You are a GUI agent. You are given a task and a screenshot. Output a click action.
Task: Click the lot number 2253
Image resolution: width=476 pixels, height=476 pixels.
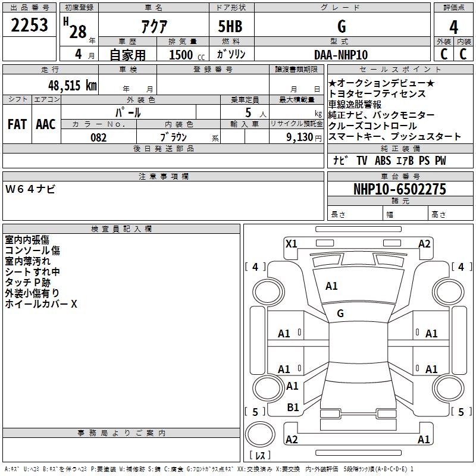(x=29, y=25)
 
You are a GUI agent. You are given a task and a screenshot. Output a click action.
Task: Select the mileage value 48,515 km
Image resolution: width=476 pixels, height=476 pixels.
(x=73, y=85)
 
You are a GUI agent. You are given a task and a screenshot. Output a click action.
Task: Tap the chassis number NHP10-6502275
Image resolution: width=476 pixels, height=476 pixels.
(x=400, y=189)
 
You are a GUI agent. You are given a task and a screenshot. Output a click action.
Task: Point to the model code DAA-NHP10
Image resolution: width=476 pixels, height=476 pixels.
(x=341, y=55)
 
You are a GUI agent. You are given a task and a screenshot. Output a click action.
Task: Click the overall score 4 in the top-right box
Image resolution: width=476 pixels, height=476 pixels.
(x=453, y=27)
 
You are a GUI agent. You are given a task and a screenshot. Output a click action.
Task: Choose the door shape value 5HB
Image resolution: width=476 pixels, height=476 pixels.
(x=230, y=26)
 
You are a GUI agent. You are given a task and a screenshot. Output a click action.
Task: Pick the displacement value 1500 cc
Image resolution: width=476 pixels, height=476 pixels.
(x=187, y=55)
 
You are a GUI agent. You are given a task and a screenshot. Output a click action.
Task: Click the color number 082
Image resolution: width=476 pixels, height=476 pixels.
(x=99, y=137)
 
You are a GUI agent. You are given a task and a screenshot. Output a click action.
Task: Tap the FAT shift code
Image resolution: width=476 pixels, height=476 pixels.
(x=17, y=124)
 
